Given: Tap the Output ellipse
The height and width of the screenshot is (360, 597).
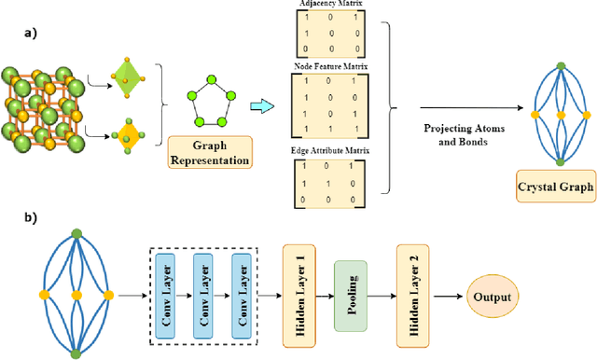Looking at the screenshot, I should [493, 297].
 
